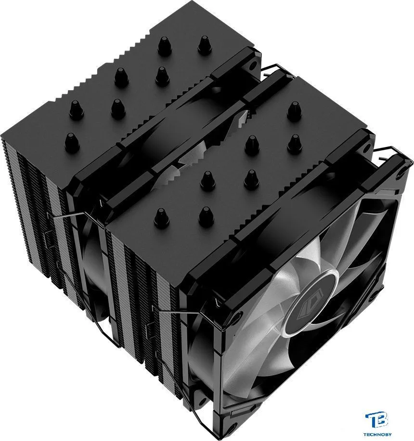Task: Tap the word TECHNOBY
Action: point(378,435)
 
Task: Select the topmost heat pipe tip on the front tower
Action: point(294,111)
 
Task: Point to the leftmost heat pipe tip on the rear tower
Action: point(73,143)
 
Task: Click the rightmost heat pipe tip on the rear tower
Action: point(205,45)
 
